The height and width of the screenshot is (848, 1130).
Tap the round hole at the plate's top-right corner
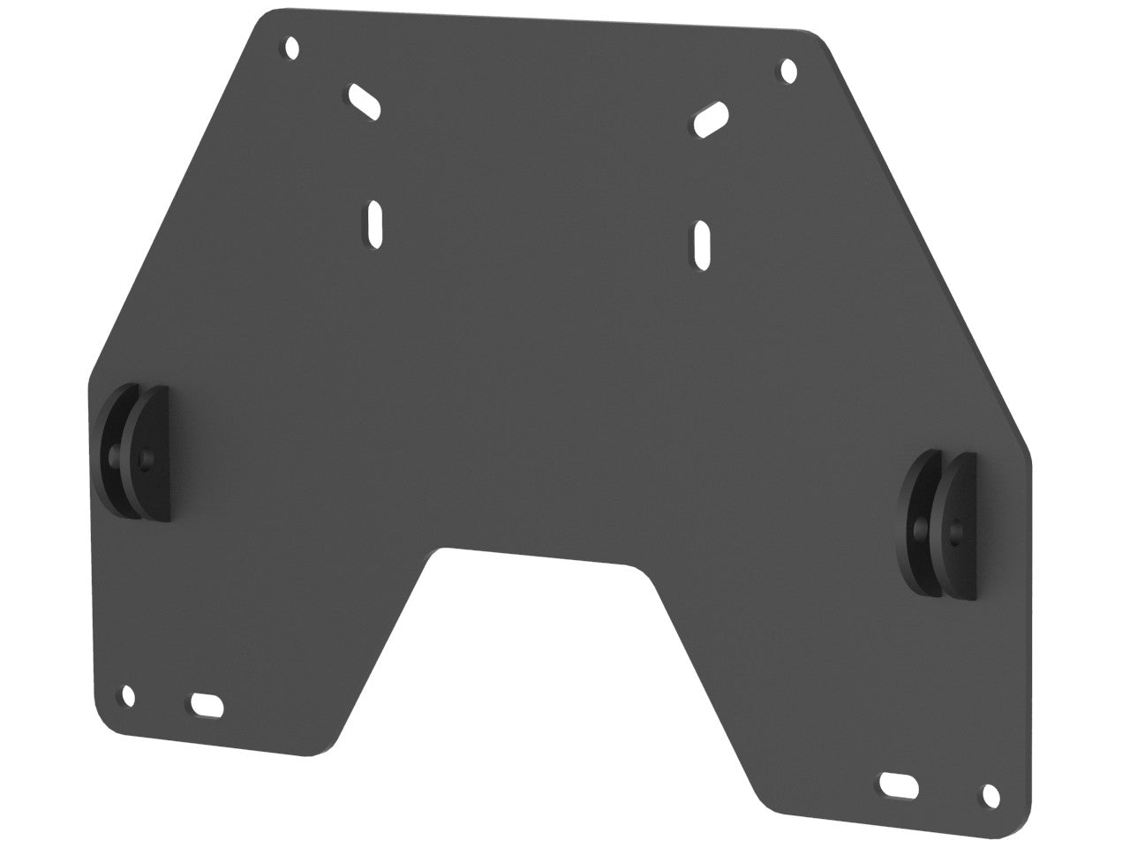click(x=789, y=69)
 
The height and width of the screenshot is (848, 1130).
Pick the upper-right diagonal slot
click(x=712, y=119)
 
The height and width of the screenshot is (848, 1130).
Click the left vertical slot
click(x=374, y=221)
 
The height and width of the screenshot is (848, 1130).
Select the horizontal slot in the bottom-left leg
click(x=207, y=704)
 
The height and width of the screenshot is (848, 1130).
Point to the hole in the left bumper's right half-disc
click(x=147, y=458)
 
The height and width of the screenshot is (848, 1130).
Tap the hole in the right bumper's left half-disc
click(x=921, y=529)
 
